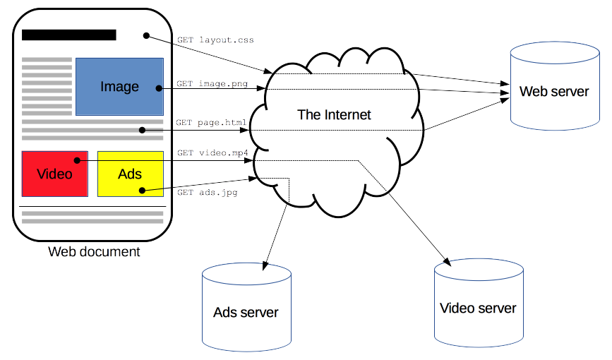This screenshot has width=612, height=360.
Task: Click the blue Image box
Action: click(119, 86)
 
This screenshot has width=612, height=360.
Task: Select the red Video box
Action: click(54, 173)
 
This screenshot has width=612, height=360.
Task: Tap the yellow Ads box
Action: click(130, 173)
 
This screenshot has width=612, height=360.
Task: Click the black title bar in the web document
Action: click(69, 35)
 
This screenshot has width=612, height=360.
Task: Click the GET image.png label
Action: click(211, 83)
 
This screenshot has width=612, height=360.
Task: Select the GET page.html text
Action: click(211, 123)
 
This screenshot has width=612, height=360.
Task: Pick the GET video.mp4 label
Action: click(212, 152)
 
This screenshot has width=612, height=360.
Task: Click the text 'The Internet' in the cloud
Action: click(334, 114)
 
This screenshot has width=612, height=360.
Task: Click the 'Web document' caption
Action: click(94, 251)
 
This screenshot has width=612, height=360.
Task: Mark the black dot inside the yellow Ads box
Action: click(142, 190)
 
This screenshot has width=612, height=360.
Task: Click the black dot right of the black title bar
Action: click(147, 35)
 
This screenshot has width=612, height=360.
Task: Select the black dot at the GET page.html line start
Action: click(142, 130)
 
